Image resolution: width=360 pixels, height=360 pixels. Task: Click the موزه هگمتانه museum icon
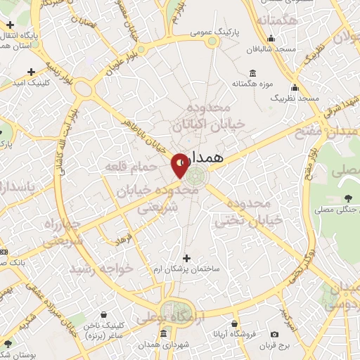point(252,74)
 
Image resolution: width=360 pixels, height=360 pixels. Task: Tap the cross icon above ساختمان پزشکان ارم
point(186,257)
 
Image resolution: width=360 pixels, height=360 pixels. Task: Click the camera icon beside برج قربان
point(274,333)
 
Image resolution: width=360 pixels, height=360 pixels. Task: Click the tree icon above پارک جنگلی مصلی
point(349,198)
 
